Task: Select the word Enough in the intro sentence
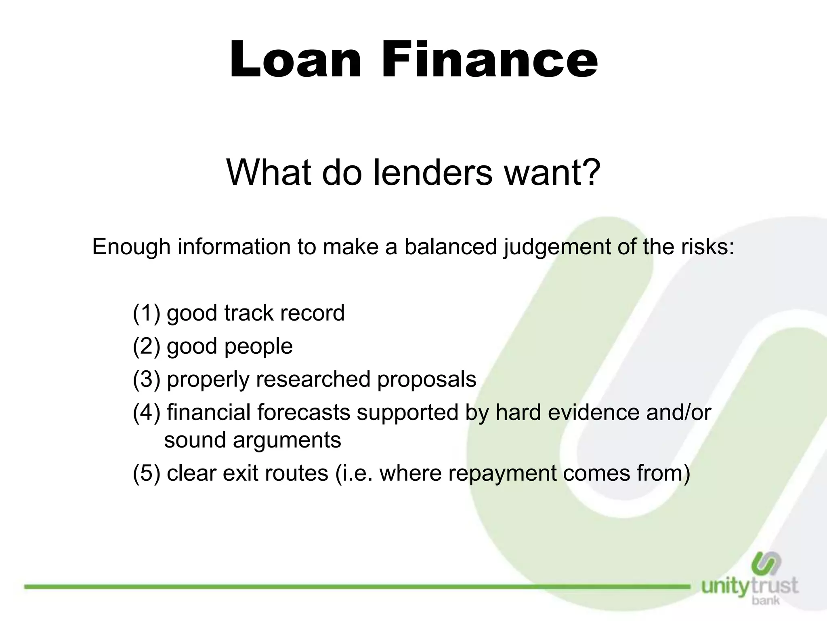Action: [x=131, y=247]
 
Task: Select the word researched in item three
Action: [x=313, y=380]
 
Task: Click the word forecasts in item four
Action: [x=303, y=413]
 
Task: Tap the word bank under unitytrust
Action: [x=766, y=600]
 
